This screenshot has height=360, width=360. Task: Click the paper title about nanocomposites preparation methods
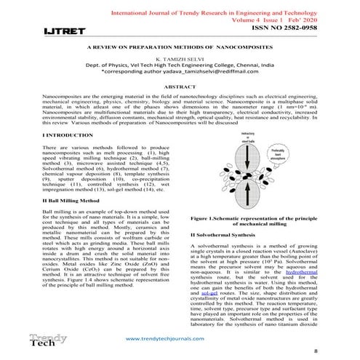click(179, 45)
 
